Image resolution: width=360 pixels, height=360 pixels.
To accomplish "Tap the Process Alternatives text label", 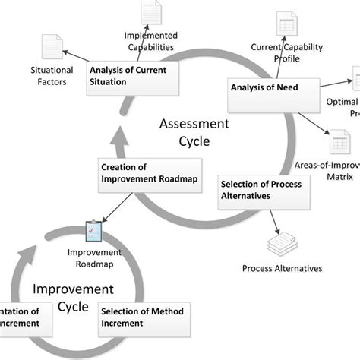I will [282, 268].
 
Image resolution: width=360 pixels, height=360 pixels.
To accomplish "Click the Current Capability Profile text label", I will [287, 52].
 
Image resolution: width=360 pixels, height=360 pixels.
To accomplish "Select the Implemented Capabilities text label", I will [150, 40].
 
